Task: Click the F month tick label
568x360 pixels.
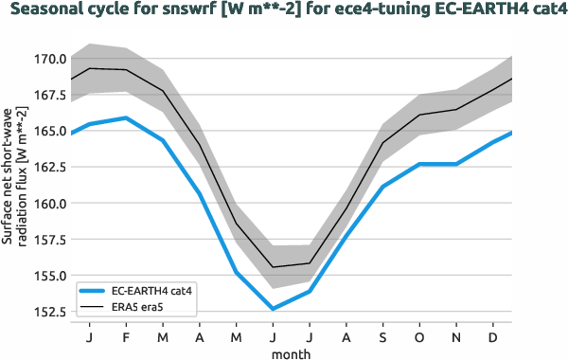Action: [126, 337]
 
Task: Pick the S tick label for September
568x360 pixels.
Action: [382, 337]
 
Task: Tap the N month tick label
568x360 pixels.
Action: [456, 337]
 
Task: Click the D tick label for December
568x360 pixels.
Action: [492, 337]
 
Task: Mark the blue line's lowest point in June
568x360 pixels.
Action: [273, 309]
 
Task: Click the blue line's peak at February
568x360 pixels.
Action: [126, 117]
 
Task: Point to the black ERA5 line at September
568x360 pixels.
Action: [382, 142]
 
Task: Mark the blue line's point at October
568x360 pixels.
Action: [419, 164]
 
